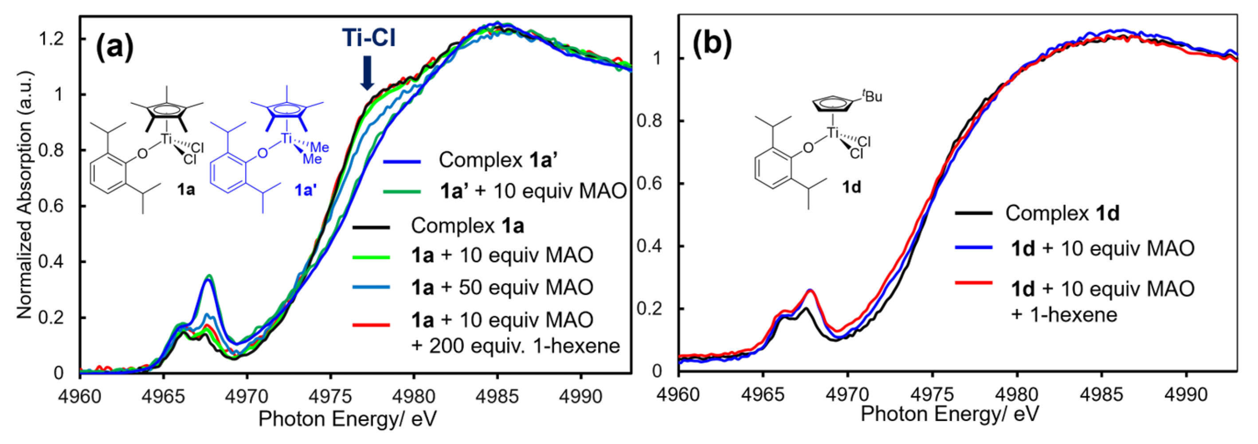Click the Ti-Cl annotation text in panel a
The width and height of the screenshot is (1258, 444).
368,38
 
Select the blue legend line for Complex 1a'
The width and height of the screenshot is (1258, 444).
401,161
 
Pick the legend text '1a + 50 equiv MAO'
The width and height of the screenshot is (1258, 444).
502,287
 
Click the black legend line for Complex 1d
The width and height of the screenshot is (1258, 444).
974,213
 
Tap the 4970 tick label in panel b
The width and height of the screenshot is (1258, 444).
847,394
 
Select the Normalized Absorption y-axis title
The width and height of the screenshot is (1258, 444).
24,195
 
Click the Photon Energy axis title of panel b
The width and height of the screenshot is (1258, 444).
949,414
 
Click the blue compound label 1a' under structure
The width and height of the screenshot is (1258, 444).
306,190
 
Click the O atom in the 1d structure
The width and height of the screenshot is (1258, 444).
808,147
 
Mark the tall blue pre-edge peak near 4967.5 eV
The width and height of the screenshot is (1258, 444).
209,279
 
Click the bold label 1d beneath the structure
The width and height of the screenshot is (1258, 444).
851,187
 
